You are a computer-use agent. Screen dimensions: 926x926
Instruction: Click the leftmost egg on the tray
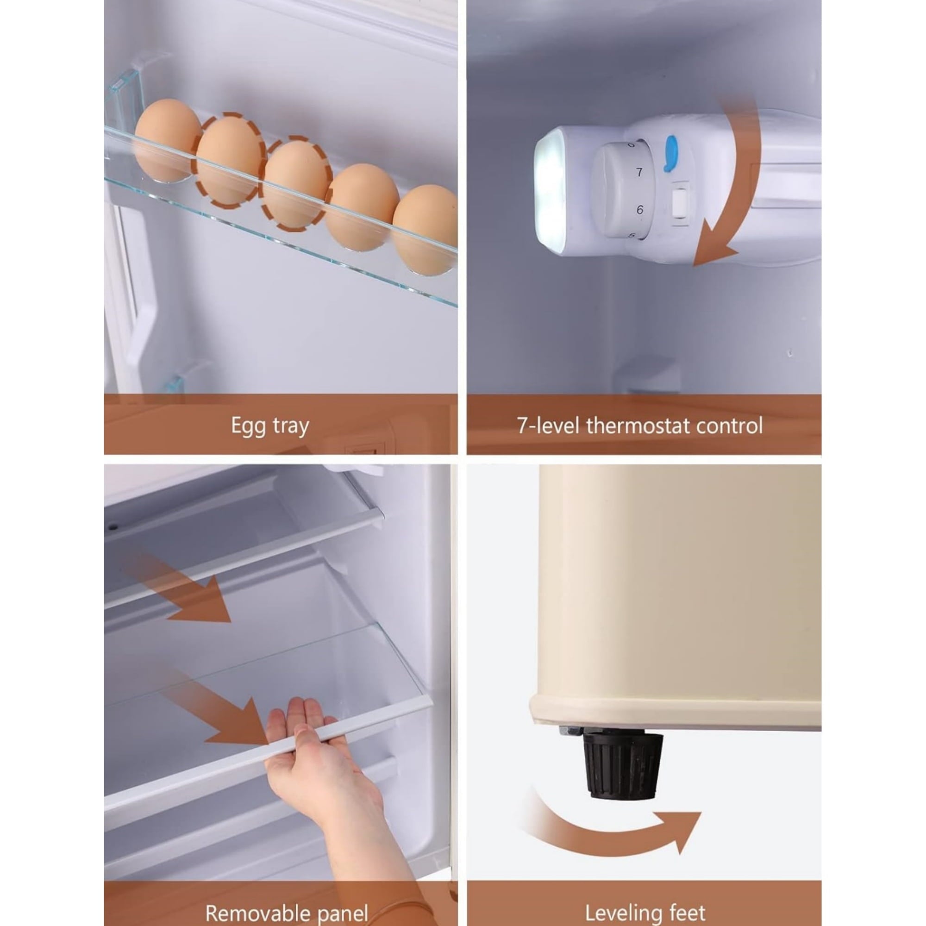click(x=167, y=140)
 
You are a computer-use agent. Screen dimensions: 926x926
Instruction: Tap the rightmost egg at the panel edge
click(x=425, y=230)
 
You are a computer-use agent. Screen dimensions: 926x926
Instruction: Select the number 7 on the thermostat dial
click(x=639, y=172)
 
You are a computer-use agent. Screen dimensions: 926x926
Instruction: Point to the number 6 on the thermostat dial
click(x=640, y=210)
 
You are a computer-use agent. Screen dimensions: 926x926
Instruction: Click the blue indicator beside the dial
click(x=669, y=153)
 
